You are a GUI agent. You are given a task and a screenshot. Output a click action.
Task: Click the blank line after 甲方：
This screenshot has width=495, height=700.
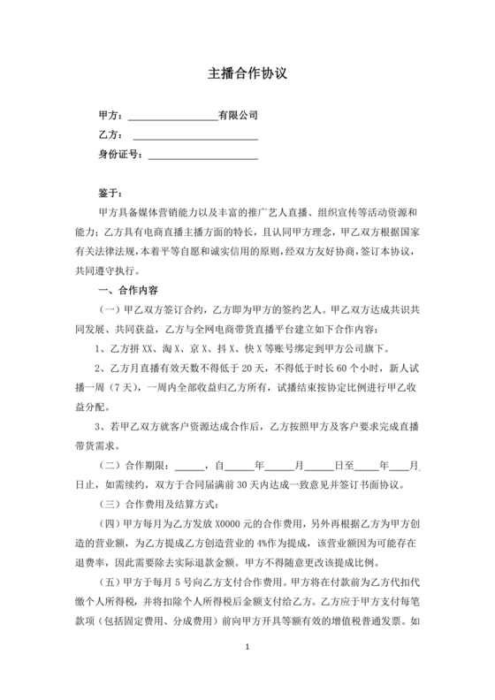(173, 117)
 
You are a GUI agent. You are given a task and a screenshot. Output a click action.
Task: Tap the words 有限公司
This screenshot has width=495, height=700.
(238, 115)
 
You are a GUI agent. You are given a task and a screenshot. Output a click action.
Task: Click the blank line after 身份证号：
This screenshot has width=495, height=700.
(202, 156)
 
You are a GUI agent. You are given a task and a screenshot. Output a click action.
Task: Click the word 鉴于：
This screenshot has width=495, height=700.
(111, 193)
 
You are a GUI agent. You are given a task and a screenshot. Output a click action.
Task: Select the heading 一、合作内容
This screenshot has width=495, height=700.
(124, 291)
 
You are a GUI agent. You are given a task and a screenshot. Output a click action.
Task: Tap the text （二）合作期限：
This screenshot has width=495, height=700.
(134, 466)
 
